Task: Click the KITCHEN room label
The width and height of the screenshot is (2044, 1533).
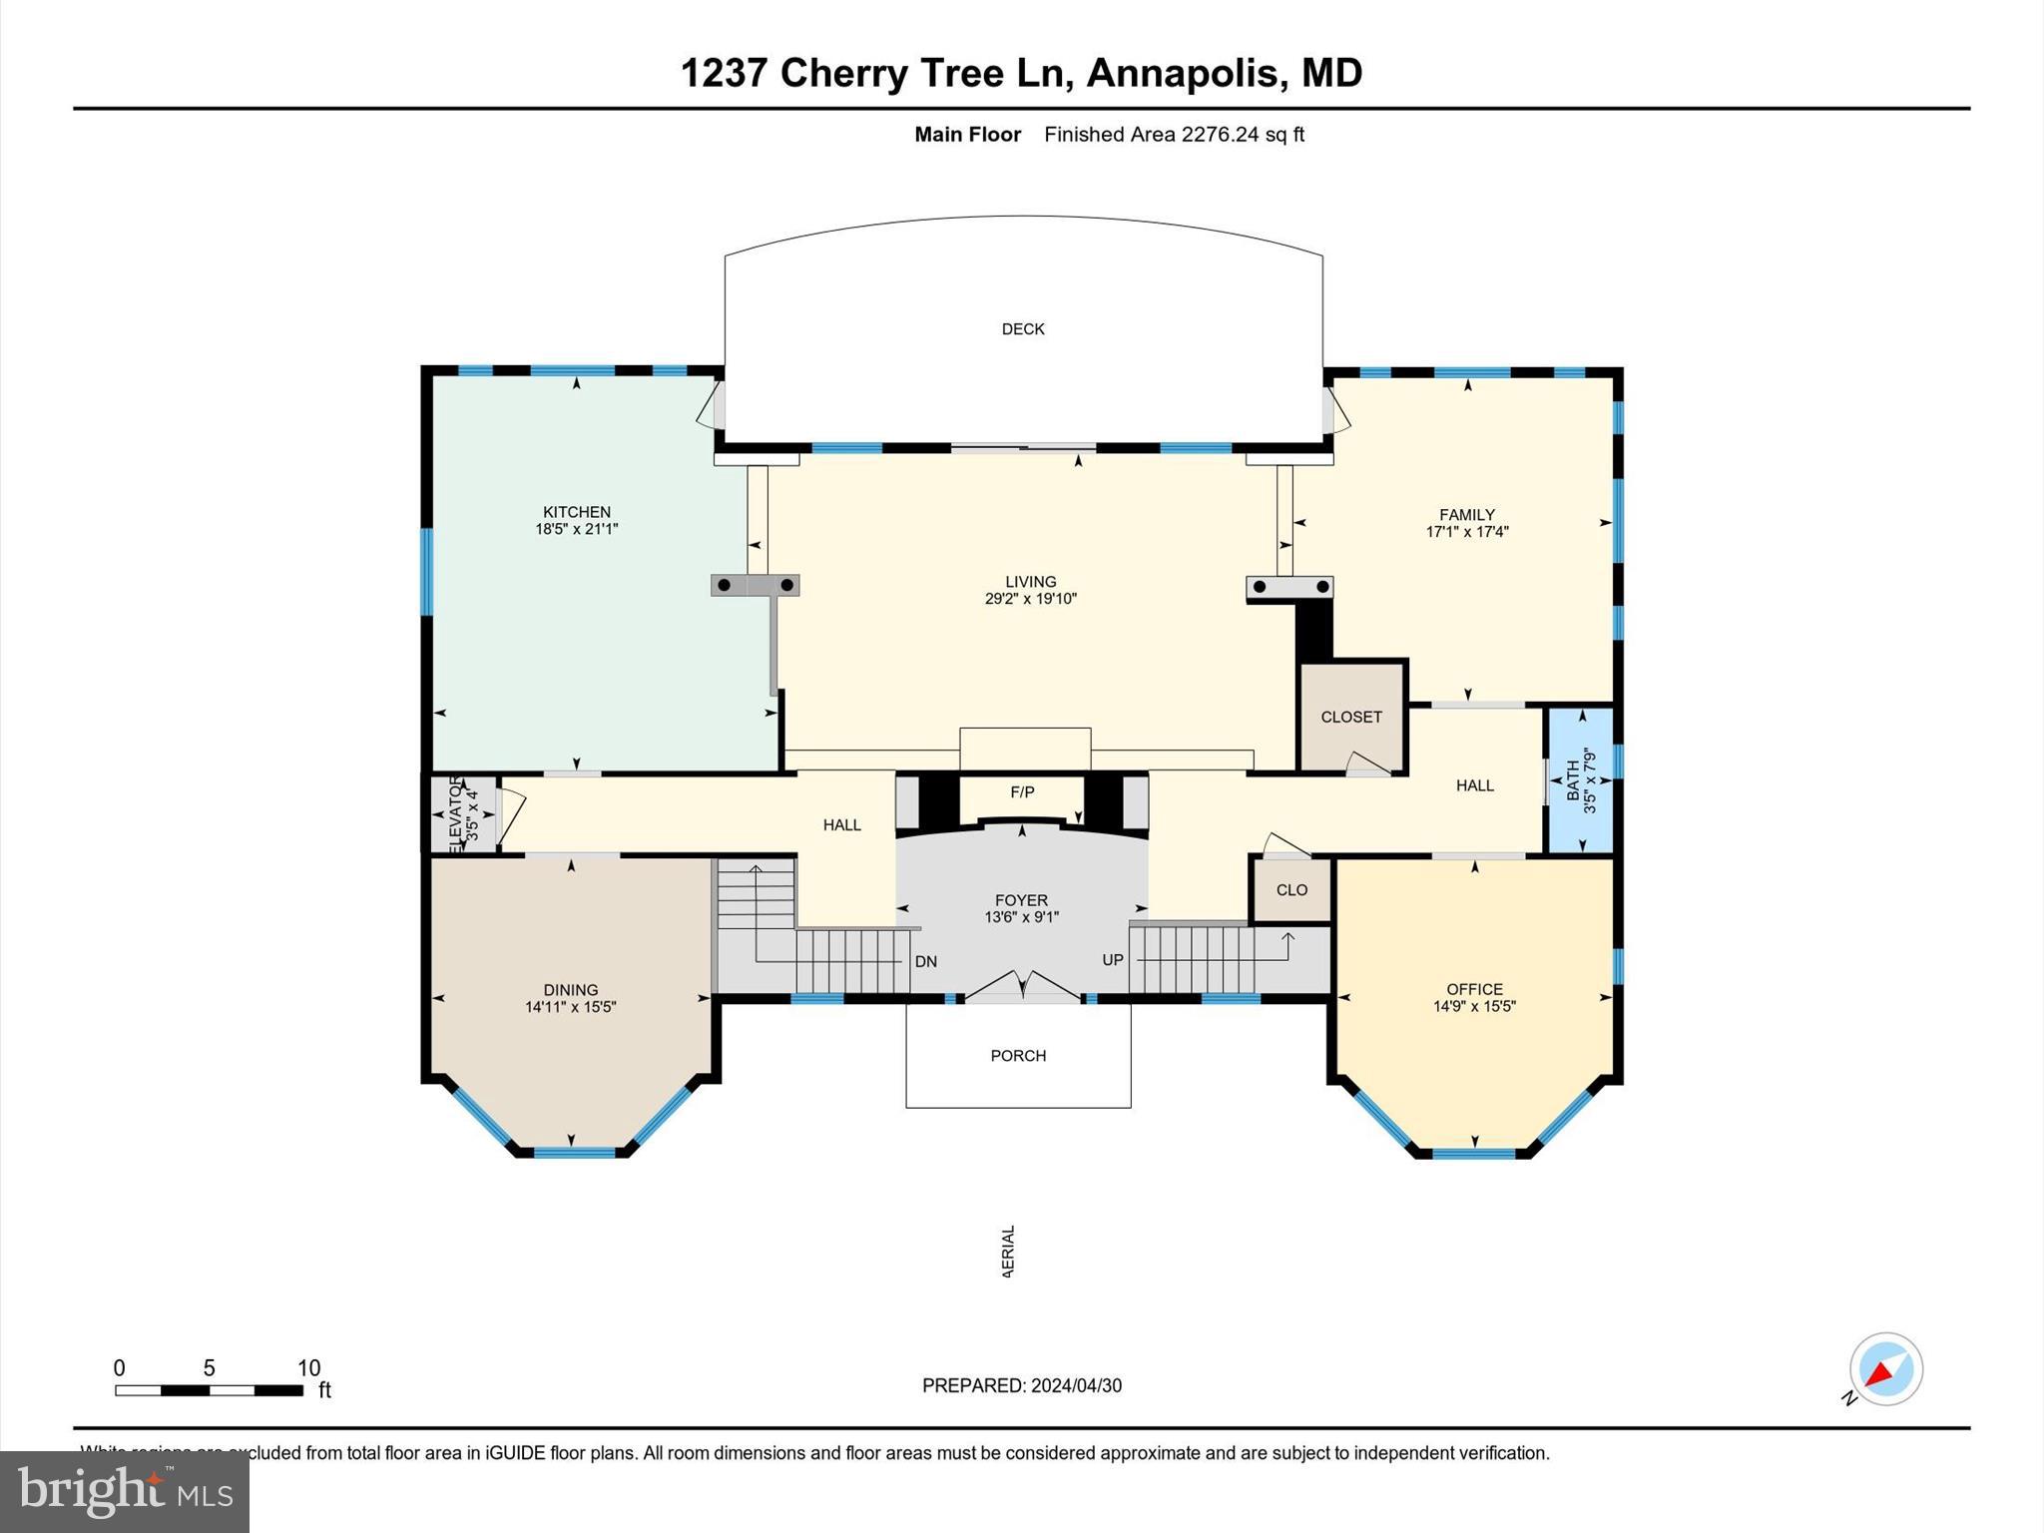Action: [x=576, y=512]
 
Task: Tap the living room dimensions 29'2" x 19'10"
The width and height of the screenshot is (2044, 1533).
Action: [x=1030, y=599]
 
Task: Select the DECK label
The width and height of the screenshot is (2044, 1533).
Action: [x=1023, y=329]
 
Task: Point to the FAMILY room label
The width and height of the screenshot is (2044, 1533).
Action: [x=1466, y=515]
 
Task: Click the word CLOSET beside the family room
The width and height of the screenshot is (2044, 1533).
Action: [x=1351, y=717]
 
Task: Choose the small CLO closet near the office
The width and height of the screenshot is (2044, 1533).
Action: [x=1291, y=890]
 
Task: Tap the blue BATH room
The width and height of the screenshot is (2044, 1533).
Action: [x=1580, y=780]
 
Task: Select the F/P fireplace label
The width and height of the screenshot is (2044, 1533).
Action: [x=1022, y=792]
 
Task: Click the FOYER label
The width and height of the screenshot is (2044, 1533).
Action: [x=1021, y=900]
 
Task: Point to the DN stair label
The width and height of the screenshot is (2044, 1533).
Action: [x=925, y=962]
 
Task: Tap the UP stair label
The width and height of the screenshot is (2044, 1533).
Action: [x=1113, y=960]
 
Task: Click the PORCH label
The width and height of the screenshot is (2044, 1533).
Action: [x=1018, y=1056]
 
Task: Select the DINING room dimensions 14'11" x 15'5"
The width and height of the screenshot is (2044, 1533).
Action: [x=571, y=1007]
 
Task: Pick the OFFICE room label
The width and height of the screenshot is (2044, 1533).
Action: [x=1474, y=989]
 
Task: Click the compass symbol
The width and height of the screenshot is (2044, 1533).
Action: [x=1885, y=1369]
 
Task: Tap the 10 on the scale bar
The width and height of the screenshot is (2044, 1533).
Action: [x=308, y=1368]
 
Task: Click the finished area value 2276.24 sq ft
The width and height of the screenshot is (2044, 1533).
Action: [x=1242, y=135]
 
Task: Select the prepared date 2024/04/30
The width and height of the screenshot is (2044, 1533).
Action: [x=1076, y=1385]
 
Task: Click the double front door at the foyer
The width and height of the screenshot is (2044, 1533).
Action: [x=1022, y=985]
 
